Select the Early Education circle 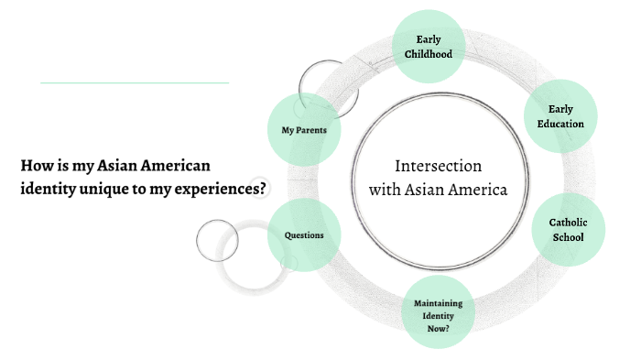(x=560, y=116)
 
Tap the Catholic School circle (x=568, y=230)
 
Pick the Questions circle (x=304, y=235)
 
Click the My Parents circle (x=304, y=129)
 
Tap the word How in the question (x=34, y=166)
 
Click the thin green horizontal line (x=134, y=82)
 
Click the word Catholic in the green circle (x=568, y=223)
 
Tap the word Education (x=560, y=124)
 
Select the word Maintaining (x=438, y=303)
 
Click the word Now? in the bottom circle (x=438, y=325)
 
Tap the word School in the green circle (x=568, y=237)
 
